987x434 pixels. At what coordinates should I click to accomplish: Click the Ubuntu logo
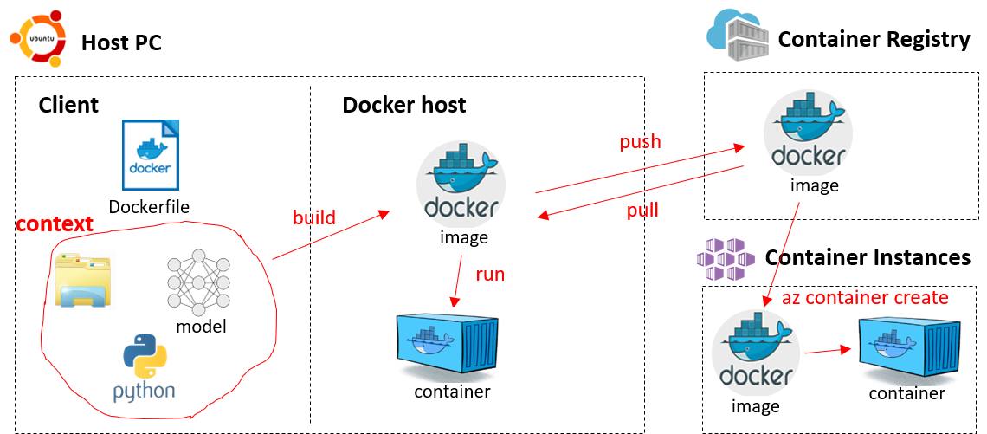pyautogui.click(x=38, y=38)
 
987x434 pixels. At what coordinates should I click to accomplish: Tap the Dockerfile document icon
pyautogui.click(x=151, y=154)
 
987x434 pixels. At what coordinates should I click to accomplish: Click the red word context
pyautogui.click(x=55, y=224)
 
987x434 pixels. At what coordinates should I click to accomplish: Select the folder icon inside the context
pyautogui.click(x=82, y=280)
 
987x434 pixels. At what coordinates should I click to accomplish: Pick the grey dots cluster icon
pyautogui.click(x=198, y=282)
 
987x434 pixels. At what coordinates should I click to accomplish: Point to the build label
pyautogui.click(x=313, y=217)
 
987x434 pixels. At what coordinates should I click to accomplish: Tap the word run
pyautogui.click(x=490, y=275)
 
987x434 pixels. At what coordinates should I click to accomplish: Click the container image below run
pyautogui.click(x=447, y=344)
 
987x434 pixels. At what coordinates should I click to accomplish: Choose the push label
pyautogui.click(x=641, y=142)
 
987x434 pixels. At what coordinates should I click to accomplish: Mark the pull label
pyautogui.click(x=642, y=211)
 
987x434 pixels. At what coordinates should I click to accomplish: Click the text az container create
pyautogui.click(x=865, y=297)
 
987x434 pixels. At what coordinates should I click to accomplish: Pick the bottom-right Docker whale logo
pyautogui.click(x=755, y=352)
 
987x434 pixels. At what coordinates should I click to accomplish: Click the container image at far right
pyautogui.click(x=908, y=347)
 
